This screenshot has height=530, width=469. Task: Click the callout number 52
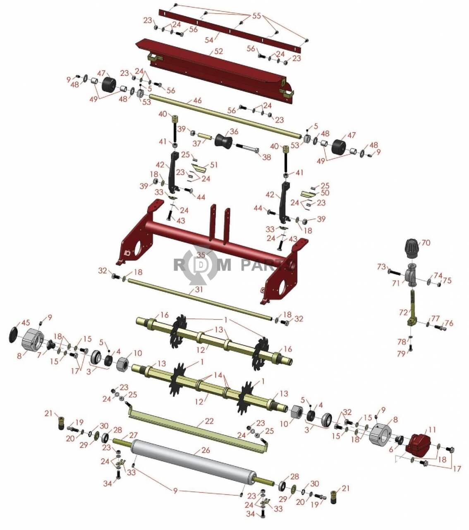(x=218, y=51)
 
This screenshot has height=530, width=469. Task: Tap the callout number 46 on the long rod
(x=198, y=101)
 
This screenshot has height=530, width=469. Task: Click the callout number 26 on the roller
(x=206, y=450)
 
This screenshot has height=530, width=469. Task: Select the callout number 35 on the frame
(x=201, y=255)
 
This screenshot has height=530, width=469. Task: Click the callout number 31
(x=199, y=289)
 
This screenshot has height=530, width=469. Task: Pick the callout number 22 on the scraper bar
(x=209, y=421)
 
